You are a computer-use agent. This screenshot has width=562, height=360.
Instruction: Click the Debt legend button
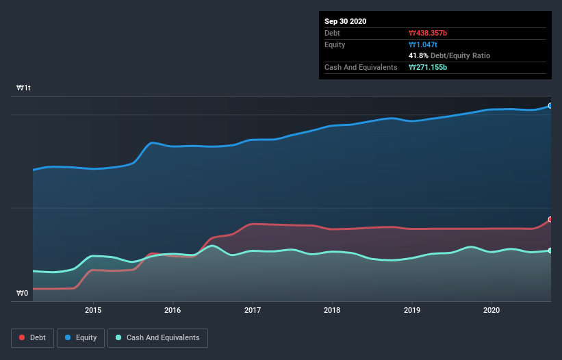click(x=33, y=337)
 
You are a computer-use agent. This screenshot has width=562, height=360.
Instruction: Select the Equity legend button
click(x=81, y=337)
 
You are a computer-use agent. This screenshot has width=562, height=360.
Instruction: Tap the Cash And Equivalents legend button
click(x=157, y=337)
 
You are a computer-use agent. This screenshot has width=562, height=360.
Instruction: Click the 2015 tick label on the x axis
click(x=93, y=310)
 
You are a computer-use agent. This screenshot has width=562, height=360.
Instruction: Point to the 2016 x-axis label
click(x=173, y=310)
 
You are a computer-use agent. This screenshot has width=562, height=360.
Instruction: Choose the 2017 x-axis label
click(x=253, y=310)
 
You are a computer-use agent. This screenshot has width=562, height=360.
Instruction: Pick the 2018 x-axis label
click(x=332, y=310)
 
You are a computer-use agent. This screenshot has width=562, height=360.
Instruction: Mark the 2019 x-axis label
click(x=412, y=310)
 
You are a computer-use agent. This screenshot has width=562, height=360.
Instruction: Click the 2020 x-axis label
click(x=491, y=310)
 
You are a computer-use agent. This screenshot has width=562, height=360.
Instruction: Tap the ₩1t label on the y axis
click(x=24, y=88)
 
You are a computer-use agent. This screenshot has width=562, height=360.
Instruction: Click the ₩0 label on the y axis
click(x=23, y=294)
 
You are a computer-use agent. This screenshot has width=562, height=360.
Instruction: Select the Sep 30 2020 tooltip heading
click(x=345, y=21)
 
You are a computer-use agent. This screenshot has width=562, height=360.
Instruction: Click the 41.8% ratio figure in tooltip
click(x=418, y=55)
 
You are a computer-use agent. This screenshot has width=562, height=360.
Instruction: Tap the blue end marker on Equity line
click(x=550, y=106)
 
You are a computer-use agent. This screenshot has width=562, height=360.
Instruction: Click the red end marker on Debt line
click(x=550, y=220)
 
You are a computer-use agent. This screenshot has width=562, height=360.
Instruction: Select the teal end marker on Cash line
click(x=550, y=250)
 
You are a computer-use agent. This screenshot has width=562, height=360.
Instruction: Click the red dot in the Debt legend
click(x=23, y=337)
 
